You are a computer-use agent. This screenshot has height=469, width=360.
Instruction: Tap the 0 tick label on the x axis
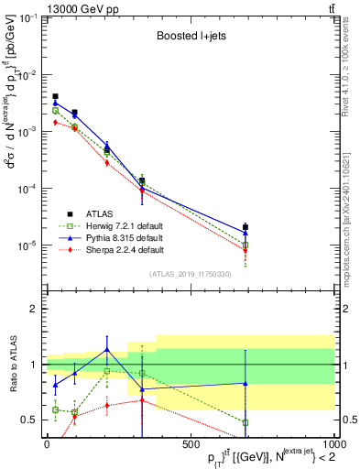46,447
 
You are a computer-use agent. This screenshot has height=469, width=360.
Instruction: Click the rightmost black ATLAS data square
245,227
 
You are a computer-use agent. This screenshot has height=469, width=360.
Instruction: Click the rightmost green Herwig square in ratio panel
245,422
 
